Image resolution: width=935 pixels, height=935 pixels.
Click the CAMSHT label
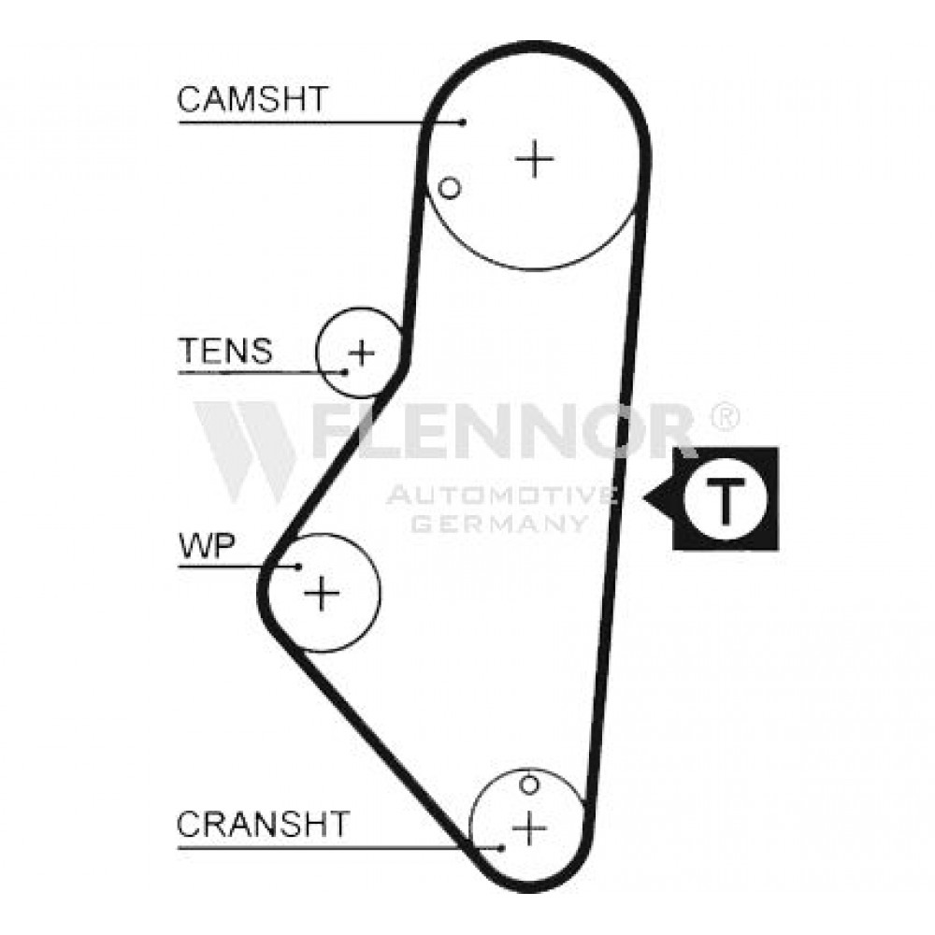pyautogui.click(x=252, y=99)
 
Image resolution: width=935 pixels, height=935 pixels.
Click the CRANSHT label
pyautogui.click(x=263, y=824)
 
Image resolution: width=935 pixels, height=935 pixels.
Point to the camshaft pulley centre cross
pyautogui.click(x=535, y=159)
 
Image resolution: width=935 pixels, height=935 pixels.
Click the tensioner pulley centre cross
pyautogui.click(x=361, y=353)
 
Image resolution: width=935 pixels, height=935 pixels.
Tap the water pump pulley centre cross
pyautogui.click(x=322, y=593)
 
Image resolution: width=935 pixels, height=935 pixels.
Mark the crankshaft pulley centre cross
pyautogui.click(x=529, y=827)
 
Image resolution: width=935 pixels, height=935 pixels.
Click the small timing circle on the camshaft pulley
pyautogui.click(x=450, y=189)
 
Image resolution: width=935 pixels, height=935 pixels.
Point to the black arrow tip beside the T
pyautogui.click(x=644, y=497)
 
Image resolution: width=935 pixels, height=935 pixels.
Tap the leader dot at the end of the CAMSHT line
pyautogui.click(x=464, y=122)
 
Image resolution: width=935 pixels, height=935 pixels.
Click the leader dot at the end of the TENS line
pyautogui.click(x=345, y=373)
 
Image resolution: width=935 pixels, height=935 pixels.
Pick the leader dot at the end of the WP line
pyautogui.click(x=298, y=566)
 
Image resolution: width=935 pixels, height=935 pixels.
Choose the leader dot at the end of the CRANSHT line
pyautogui.click(x=502, y=847)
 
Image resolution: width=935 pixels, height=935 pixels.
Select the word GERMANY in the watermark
pyautogui.click(x=499, y=523)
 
